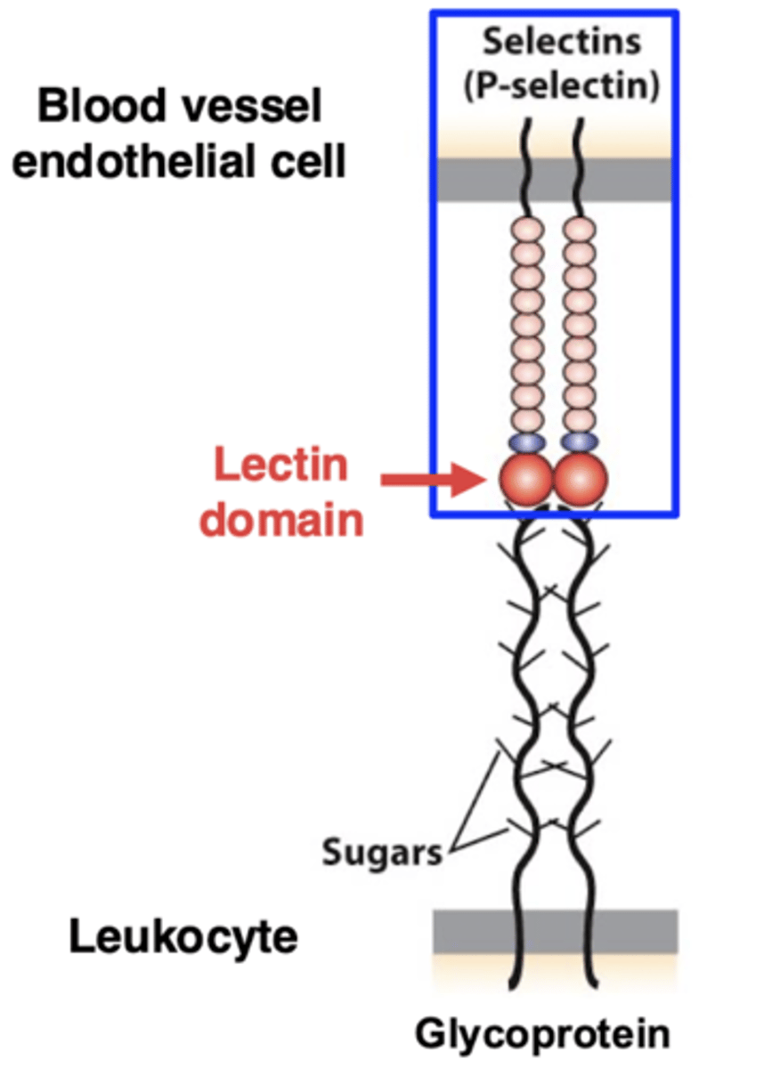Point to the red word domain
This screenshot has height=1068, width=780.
click(x=281, y=518)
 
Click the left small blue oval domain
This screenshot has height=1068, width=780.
click(x=525, y=441)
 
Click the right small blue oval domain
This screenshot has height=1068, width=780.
click(x=579, y=441)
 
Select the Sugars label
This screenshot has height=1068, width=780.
click(x=382, y=853)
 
